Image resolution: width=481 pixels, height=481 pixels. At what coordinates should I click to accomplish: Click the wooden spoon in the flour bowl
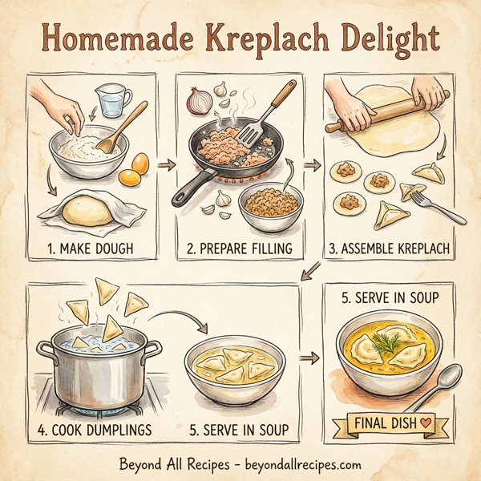tap(127, 120)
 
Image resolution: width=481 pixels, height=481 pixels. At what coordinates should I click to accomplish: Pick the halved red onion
tap(198, 100)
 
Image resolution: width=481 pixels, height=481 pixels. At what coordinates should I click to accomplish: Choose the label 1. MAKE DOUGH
tap(87, 249)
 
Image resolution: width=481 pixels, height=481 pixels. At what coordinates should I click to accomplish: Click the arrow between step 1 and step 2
tap(167, 165)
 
